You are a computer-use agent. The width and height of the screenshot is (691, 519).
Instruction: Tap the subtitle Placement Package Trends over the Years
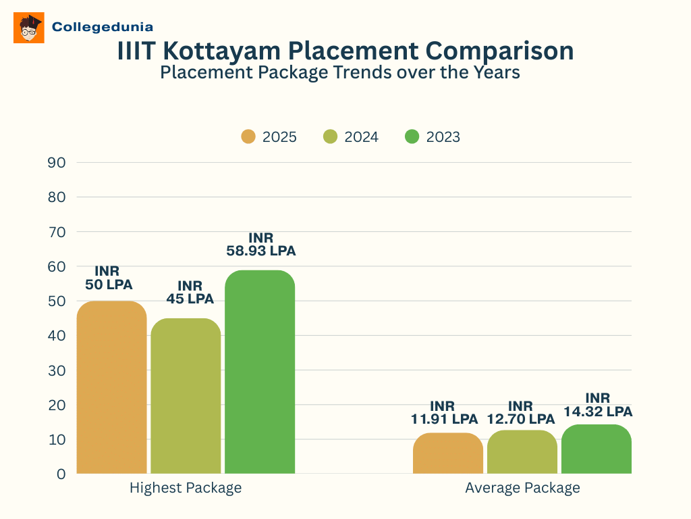[x=339, y=72]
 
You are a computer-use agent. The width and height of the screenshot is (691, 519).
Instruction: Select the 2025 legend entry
[x=269, y=137]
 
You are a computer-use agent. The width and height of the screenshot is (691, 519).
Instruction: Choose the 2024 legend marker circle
[x=331, y=137]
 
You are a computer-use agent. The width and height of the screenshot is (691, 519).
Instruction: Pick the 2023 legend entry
[x=433, y=137]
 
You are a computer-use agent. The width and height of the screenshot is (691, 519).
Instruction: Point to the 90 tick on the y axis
[x=57, y=162]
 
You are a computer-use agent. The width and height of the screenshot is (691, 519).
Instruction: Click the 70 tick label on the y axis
[x=57, y=232]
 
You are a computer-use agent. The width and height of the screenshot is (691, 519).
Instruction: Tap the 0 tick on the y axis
[x=61, y=474]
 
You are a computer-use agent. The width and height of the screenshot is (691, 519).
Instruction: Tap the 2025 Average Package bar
[x=448, y=453]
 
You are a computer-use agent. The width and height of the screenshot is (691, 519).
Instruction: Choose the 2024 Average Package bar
[x=522, y=452]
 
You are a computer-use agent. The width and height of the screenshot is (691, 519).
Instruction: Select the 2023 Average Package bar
[x=597, y=449]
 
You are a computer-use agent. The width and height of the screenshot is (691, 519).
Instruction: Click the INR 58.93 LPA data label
[x=260, y=244]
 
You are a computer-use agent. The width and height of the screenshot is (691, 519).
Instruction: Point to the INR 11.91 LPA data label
[x=444, y=412]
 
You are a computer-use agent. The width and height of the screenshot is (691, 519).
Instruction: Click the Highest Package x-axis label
[x=186, y=487]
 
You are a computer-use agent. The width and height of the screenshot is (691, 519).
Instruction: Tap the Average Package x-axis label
[x=522, y=487]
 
